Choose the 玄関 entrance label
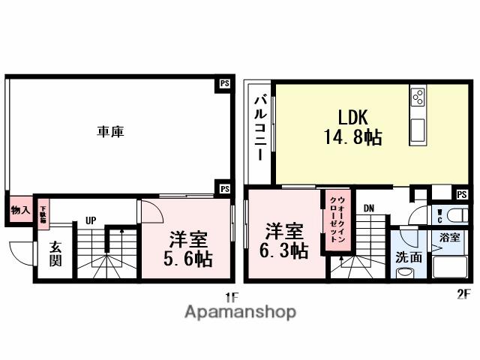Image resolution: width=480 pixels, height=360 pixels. pyautogui.click(x=56, y=255)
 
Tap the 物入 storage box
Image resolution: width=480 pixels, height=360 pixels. pyautogui.click(x=19, y=211)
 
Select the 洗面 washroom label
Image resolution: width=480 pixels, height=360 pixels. pyautogui.click(x=409, y=256)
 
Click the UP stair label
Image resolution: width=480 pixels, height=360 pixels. pyautogui.click(x=90, y=220)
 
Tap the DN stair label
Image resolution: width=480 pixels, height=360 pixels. pyautogui.click(x=369, y=208)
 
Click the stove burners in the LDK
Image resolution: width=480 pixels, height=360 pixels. pyautogui.click(x=418, y=97)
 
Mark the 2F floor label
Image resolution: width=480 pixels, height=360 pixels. pyautogui.click(x=463, y=294)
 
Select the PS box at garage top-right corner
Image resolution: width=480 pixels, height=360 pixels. pyautogui.click(x=223, y=84)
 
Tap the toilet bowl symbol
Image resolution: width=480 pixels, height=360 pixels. pyautogui.click(x=454, y=216)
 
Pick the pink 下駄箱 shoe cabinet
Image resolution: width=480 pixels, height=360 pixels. pyautogui.click(x=43, y=214)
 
